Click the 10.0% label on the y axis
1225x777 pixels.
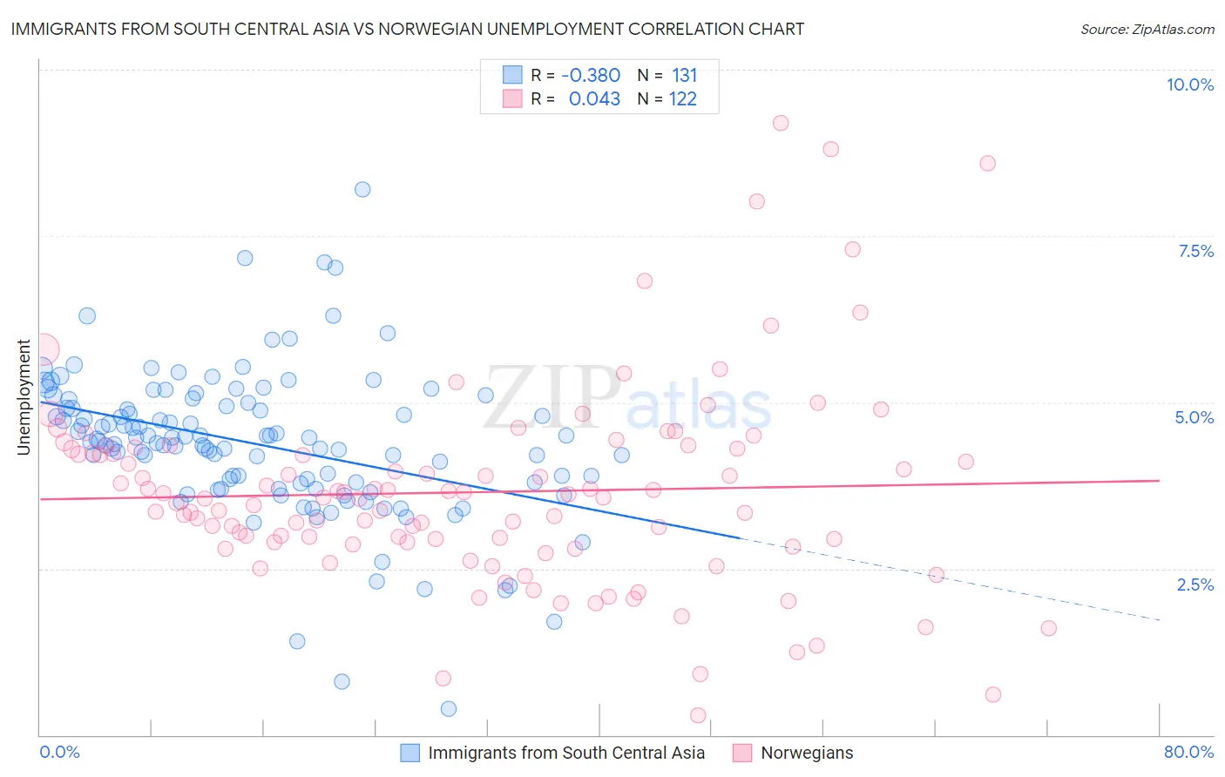(x=1189, y=84)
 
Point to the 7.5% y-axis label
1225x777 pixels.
(x=1195, y=251)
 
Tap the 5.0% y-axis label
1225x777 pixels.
(x=1194, y=417)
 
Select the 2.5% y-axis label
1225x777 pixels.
(x=1195, y=584)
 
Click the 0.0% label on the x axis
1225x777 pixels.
(x=59, y=752)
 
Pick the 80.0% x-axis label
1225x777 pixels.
(x=1188, y=752)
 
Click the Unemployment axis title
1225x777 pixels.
(x=24, y=397)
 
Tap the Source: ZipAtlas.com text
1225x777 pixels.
(x=1147, y=29)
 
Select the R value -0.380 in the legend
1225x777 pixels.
(x=590, y=75)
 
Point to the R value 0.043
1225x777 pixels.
(x=594, y=98)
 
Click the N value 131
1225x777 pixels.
(x=684, y=75)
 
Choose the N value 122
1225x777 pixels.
(x=682, y=98)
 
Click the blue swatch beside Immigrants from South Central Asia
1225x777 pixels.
(x=409, y=753)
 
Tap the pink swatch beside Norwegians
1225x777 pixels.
(x=742, y=753)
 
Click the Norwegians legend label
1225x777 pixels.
(x=807, y=753)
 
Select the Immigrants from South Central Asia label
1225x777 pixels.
(x=566, y=753)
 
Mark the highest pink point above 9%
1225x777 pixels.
(x=781, y=123)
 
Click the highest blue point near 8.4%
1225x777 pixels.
(x=362, y=189)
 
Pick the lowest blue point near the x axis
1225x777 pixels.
(x=449, y=709)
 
